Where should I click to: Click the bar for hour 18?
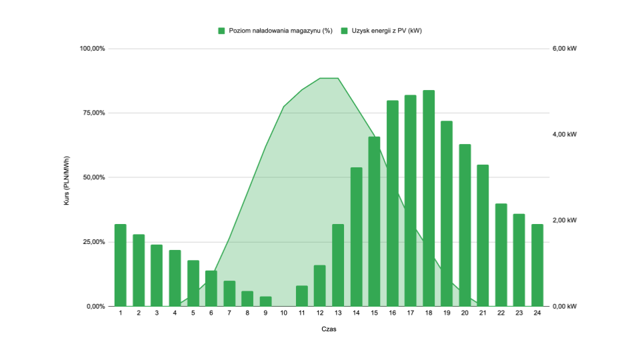point(429,198)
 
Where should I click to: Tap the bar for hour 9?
point(266,301)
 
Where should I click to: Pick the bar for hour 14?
point(356,237)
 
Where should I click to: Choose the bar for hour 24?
point(537,265)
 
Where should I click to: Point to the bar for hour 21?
point(483,235)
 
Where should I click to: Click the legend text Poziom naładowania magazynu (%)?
point(280,31)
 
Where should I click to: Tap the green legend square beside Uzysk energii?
point(345,31)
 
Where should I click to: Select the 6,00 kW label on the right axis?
point(563,49)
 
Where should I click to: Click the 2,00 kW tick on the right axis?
point(563,220)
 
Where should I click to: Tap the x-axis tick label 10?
point(284,313)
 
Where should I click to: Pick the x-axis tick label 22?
point(501,313)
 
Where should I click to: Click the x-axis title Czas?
point(329,329)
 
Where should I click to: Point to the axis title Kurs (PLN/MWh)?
point(67,177)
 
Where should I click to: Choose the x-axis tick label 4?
point(175,313)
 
